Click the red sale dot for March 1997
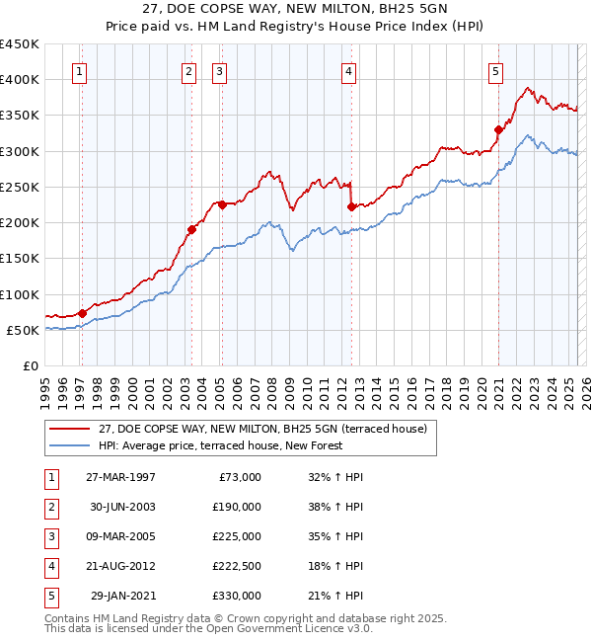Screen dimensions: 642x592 82,313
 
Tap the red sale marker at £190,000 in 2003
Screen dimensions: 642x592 191,229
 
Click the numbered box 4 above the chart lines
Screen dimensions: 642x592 349,70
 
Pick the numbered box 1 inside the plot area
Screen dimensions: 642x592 78,70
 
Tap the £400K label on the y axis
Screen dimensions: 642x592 20,80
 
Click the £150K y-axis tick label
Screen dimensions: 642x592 20,259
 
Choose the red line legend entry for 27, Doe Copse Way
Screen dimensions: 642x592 261,430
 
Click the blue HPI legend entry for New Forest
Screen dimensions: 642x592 220,446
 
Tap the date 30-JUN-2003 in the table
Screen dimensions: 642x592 122,507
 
